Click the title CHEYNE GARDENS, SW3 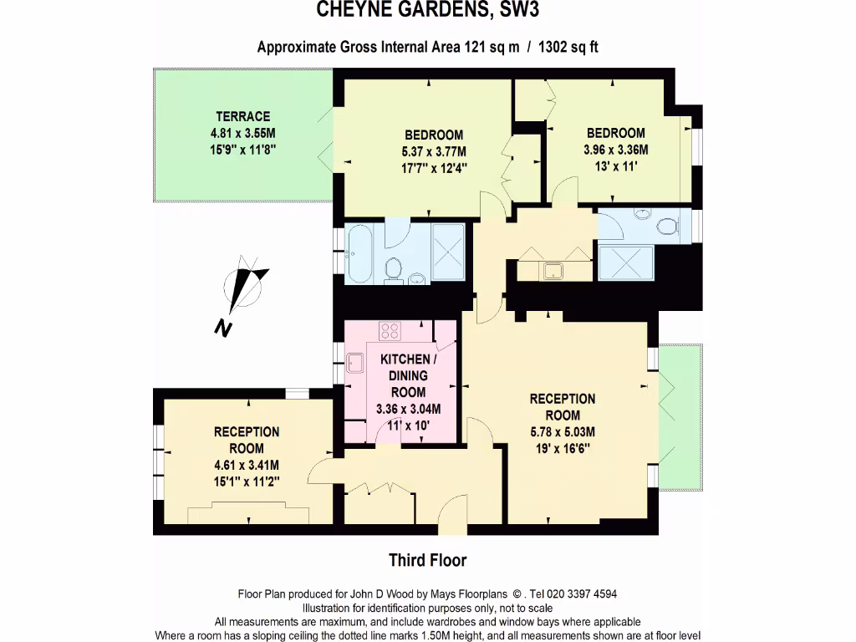(427, 11)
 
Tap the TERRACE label (242, 116)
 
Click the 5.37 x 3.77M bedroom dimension (433, 151)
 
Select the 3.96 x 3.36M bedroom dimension (615, 150)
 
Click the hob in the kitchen (390, 330)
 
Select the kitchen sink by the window (355, 363)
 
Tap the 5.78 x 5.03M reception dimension (562, 432)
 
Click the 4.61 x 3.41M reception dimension (246, 465)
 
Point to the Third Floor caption (427, 560)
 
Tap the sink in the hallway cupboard (553, 270)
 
